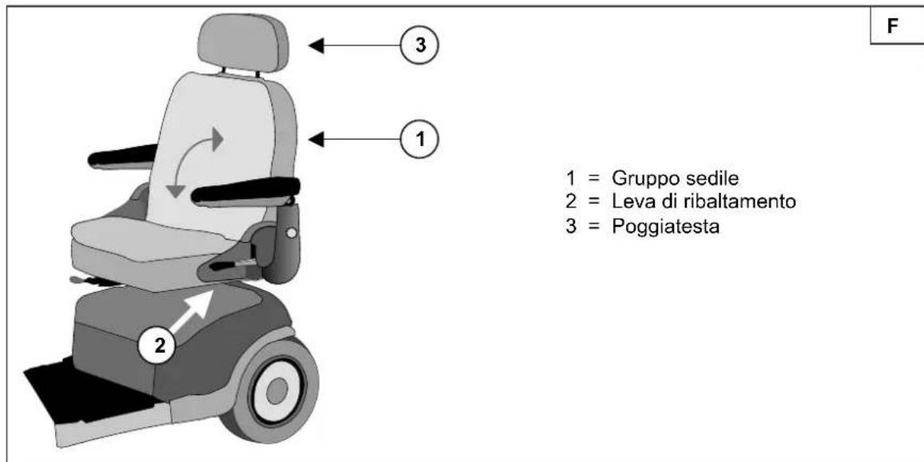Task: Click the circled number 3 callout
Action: click(419, 46)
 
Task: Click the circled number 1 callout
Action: click(419, 140)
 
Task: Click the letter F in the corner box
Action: click(894, 27)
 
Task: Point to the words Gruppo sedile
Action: click(675, 177)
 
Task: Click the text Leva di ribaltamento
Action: click(704, 202)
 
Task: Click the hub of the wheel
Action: click(276, 391)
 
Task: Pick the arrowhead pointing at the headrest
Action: click(317, 46)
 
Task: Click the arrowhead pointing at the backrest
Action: click(317, 140)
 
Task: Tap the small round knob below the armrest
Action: click(291, 234)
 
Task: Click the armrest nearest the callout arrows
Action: click(246, 192)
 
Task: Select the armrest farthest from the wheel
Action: click(122, 156)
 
